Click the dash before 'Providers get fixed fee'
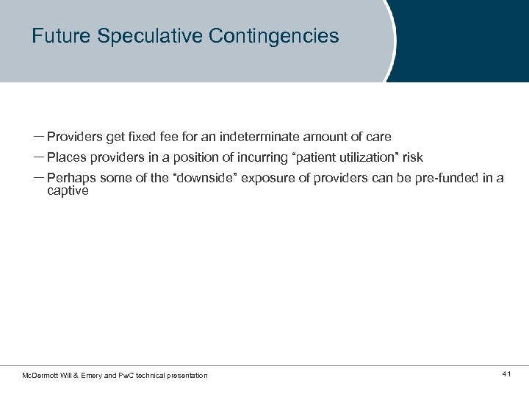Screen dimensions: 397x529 pyautogui.click(x=38, y=137)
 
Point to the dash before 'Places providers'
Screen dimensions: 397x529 pyautogui.click(x=38, y=157)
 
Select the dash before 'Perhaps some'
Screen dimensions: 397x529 pyautogui.click(x=38, y=178)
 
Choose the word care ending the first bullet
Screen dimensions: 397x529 pyautogui.click(x=378, y=137)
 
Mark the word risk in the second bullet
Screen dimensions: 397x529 pyautogui.click(x=412, y=157)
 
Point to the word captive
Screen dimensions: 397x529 pyautogui.click(x=68, y=190)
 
